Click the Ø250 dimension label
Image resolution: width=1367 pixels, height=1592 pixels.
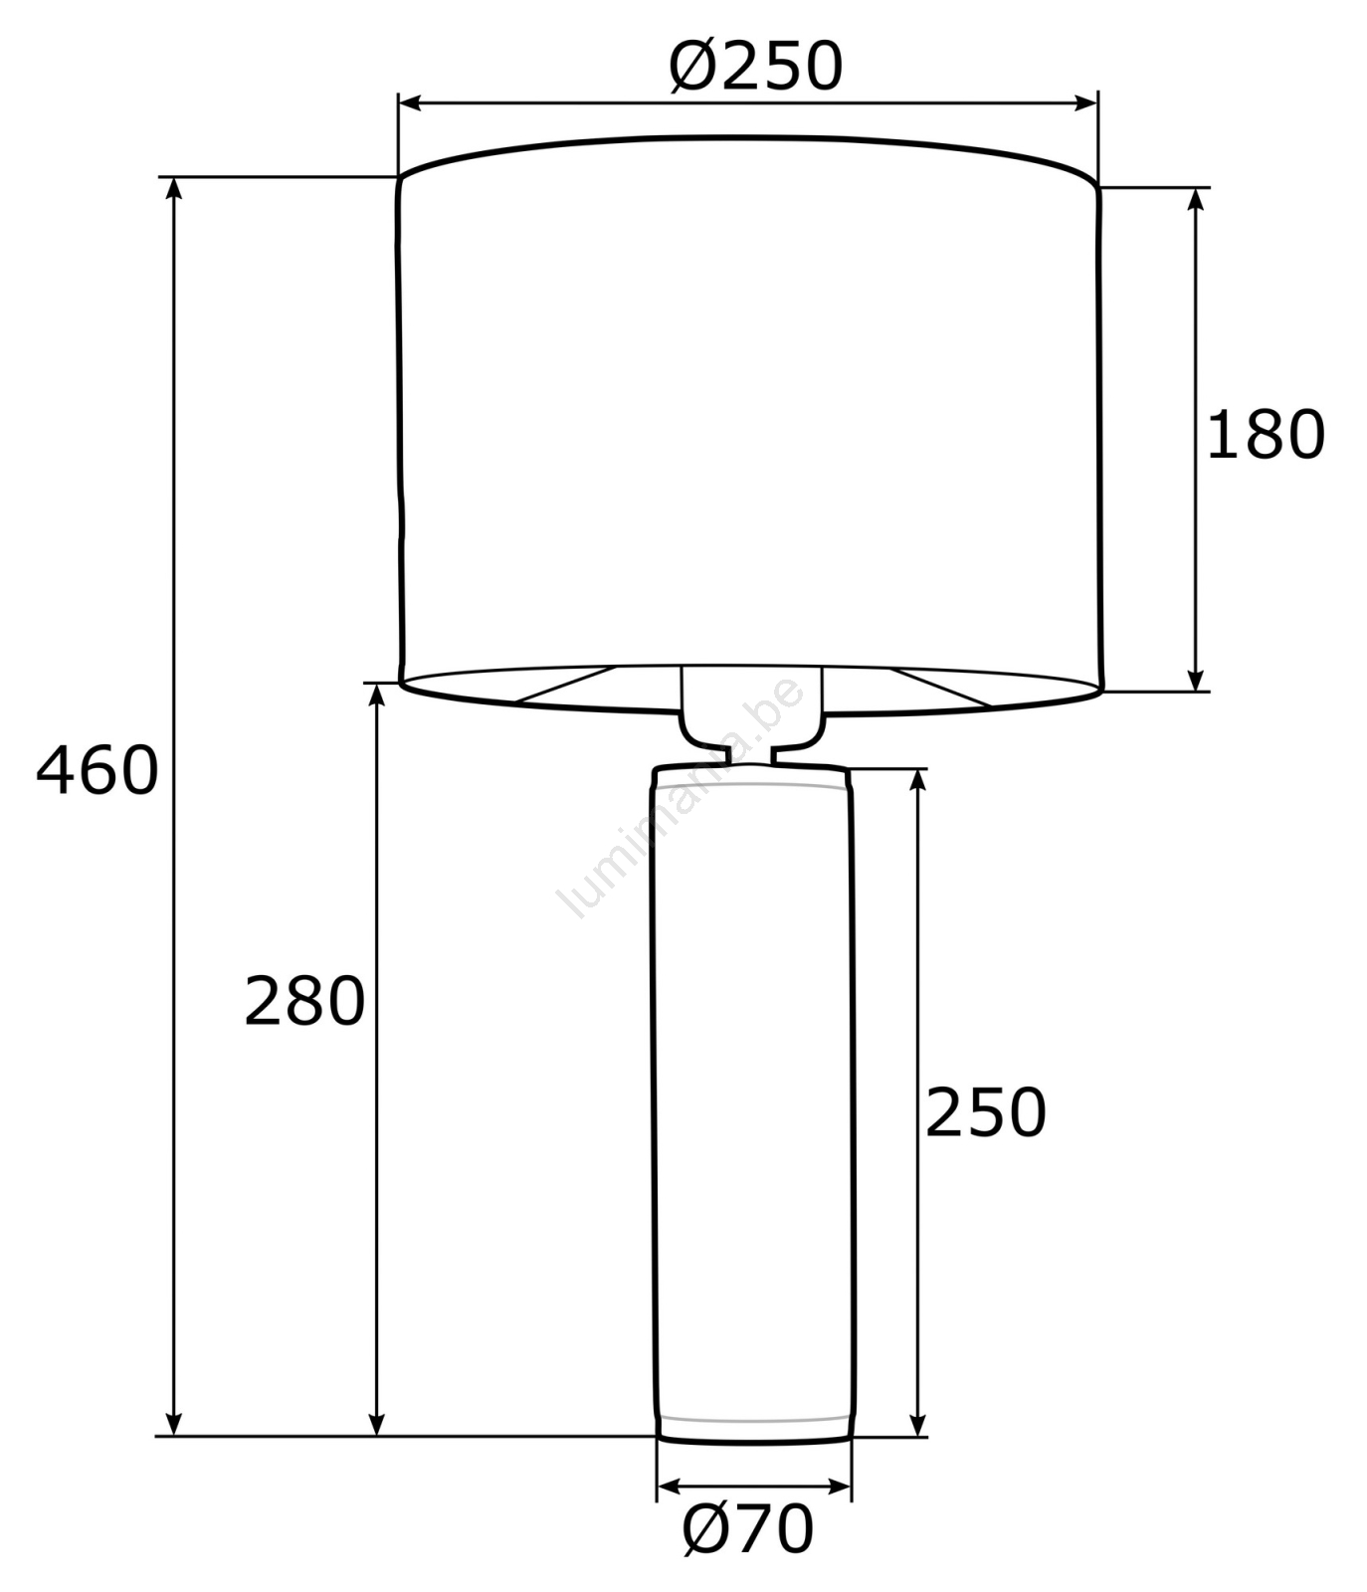point(756,66)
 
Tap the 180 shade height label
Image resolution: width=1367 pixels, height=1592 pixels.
point(1266,435)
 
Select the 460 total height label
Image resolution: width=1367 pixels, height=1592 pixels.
point(98,770)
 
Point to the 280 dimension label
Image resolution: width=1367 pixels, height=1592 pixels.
point(304,1001)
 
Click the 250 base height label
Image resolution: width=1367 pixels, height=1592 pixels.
point(986,1111)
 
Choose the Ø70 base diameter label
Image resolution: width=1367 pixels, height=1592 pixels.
point(748,1528)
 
